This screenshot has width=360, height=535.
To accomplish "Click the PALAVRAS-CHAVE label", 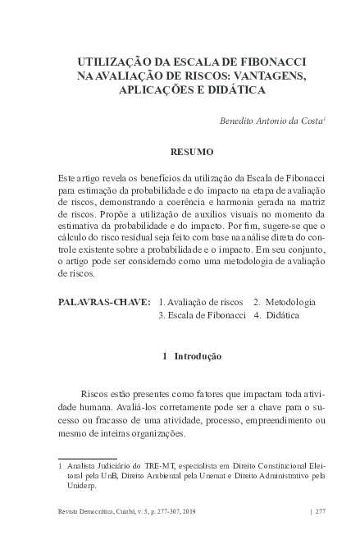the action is pyautogui.click(x=105, y=303).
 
